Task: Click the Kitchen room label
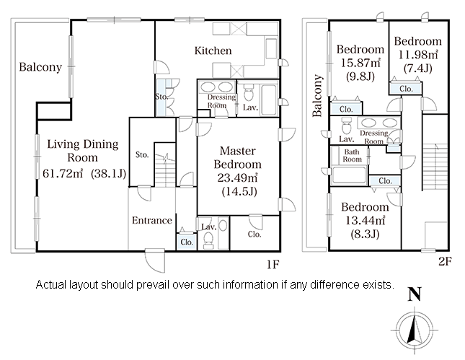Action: (x=213, y=51)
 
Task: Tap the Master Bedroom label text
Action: (x=237, y=157)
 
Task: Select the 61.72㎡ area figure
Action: (x=63, y=173)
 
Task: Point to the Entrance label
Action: (x=152, y=220)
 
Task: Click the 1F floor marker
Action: (x=273, y=264)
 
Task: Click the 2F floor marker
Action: (x=445, y=261)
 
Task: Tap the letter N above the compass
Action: (x=415, y=294)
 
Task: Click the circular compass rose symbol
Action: (x=415, y=330)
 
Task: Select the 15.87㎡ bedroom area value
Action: (x=360, y=63)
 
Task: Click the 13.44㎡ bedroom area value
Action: (x=365, y=221)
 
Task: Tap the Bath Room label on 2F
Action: (x=352, y=156)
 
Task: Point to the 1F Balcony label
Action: (x=40, y=67)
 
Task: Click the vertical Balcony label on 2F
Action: (x=317, y=95)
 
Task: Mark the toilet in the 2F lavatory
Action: (x=346, y=126)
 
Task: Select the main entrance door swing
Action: (x=154, y=261)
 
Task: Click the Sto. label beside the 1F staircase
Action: (x=142, y=154)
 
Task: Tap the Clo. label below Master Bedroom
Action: (x=254, y=234)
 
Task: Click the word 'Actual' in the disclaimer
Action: (x=50, y=285)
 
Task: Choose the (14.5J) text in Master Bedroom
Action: (x=239, y=191)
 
